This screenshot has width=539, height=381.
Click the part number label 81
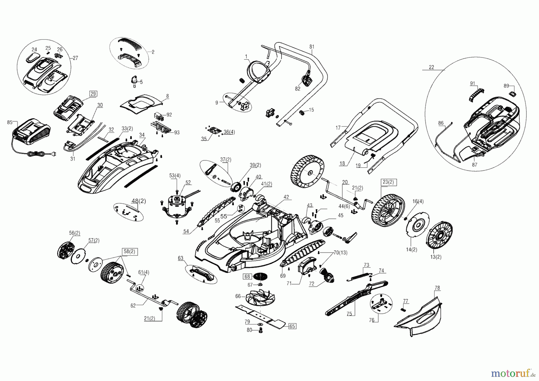312,47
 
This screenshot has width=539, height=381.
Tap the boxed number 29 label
93,94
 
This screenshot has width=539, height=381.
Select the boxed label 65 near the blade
292,326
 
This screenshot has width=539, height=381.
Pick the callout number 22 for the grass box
431,67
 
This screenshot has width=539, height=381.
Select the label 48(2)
139,201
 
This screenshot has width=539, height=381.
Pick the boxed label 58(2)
129,252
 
